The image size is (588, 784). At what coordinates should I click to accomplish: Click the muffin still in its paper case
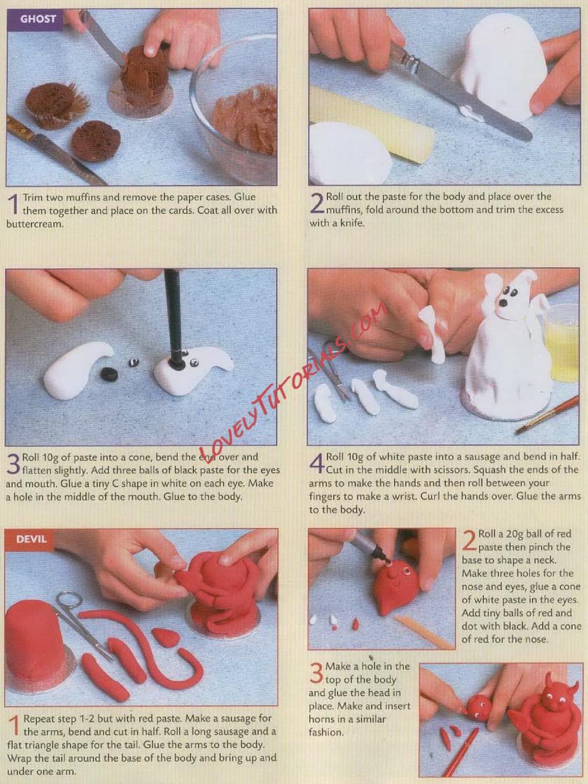[x=56, y=105]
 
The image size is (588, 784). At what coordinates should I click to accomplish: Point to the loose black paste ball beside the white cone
[x=110, y=374]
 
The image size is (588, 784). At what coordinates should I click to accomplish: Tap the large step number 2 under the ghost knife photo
[x=316, y=203]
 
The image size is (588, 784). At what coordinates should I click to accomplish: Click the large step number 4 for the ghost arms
[x=316, y=463]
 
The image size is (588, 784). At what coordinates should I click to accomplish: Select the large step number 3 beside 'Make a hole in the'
[x=316, y=673]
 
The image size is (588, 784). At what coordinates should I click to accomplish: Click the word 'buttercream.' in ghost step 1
[x=35, y=224]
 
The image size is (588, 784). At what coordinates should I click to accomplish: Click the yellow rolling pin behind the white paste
[x=371, y=125]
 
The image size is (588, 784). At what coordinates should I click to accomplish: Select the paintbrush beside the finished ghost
[x=549, y=414]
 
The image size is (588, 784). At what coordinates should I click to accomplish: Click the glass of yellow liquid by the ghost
[x=562, y=345]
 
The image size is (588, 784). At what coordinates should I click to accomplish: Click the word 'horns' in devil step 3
[x=323, y=720]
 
